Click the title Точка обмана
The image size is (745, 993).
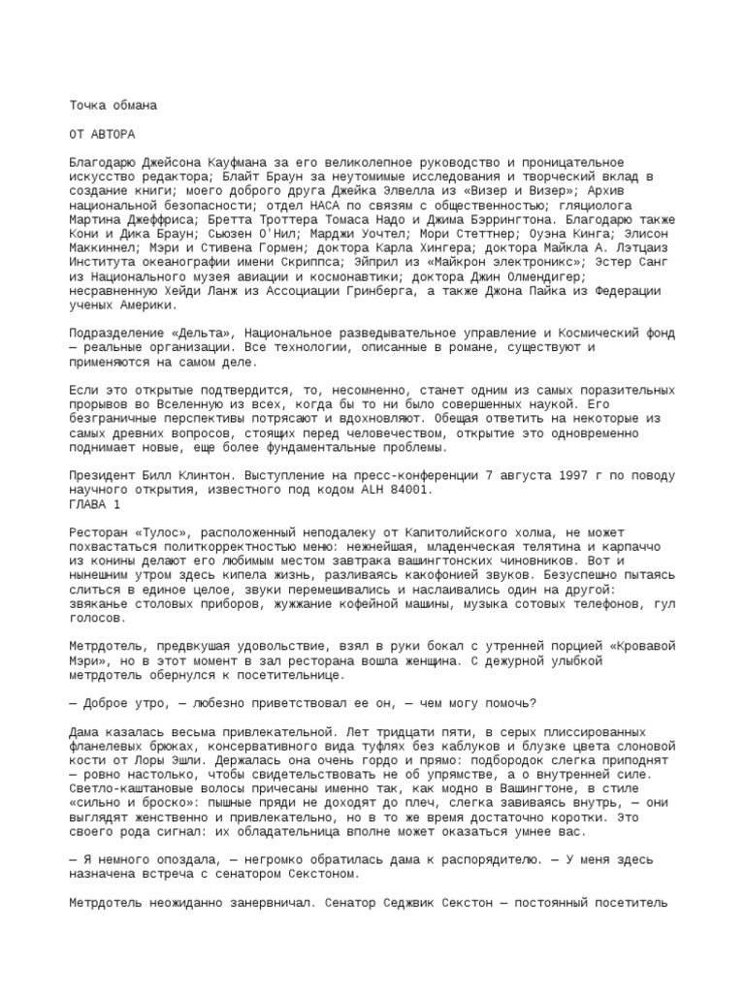coord(113,104)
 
